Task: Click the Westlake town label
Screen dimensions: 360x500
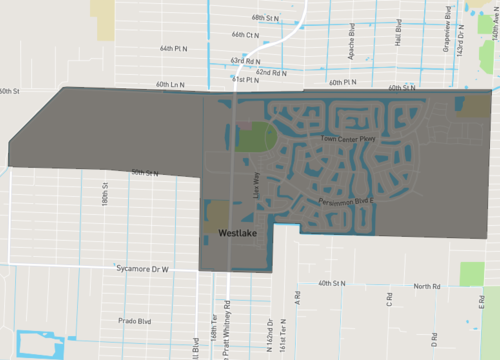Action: coord(238,233)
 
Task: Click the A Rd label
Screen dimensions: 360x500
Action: coord(297,297)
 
